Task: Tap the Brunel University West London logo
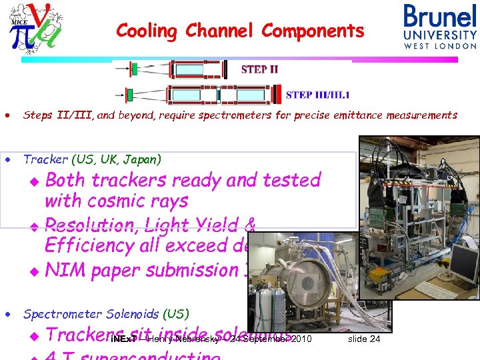pos(440,26)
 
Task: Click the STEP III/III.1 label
pos(317,95)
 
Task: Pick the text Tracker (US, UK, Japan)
pos(92,159)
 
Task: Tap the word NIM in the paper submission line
pos(65,270)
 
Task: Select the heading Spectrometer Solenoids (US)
pos(106,313)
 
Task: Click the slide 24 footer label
pos(364,339)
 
